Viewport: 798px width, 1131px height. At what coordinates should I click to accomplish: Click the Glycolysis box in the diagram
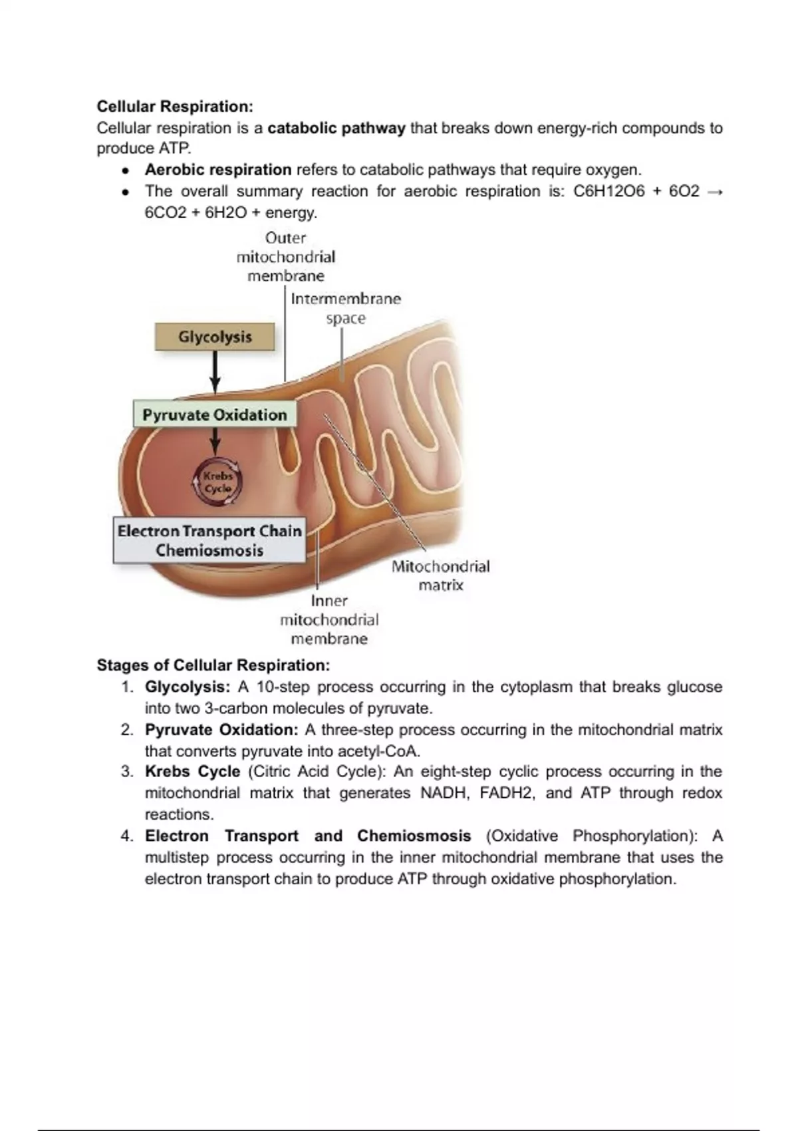(x=215, y=337)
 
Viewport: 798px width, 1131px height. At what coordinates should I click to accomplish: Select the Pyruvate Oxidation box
(x=215, y=415)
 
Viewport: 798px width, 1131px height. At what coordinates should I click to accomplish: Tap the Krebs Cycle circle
(x=217, y=482)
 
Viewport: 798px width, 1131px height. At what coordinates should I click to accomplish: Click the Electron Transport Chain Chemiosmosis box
(x=209, y=541)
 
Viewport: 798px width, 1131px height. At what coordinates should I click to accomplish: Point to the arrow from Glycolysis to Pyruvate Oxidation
(x=215, y=373)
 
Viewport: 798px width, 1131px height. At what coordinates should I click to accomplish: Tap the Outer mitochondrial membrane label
(x=286, y=257)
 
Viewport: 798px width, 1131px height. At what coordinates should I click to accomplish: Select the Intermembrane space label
(x=346, y=308)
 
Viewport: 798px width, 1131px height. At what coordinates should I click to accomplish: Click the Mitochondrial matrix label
(x=440, y=575)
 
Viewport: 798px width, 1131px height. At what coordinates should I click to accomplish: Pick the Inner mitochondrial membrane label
(x=329, y=620)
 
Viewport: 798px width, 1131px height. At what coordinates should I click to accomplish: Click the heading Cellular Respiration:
(x=175, y=106)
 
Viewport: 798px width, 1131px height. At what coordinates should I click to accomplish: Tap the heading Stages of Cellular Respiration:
(x=213, y=665)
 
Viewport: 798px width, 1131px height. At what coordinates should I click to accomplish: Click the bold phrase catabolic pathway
(x=336, y=128)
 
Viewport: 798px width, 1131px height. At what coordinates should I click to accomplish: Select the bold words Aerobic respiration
(x=218, y=170)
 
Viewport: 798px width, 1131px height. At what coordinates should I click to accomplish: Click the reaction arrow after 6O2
(x=715, y=192)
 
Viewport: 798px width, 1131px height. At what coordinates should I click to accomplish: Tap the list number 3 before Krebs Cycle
(x=127, y=772)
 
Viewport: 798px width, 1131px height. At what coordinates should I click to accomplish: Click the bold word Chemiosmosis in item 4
(x=414, y=836)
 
